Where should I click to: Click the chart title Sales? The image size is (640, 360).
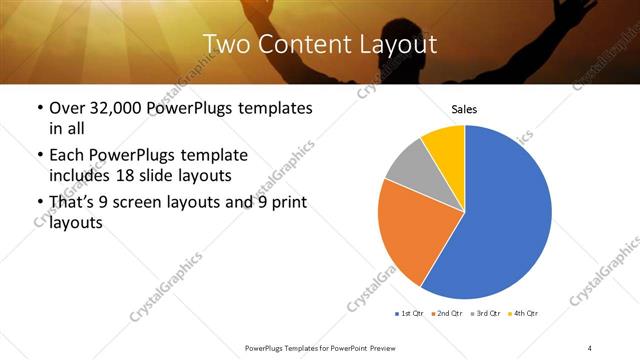464,108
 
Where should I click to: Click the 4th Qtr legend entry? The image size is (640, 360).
523,314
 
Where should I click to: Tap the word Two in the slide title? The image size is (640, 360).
225,44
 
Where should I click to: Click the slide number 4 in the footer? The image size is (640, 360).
589,347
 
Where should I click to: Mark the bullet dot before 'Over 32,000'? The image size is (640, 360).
38,108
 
